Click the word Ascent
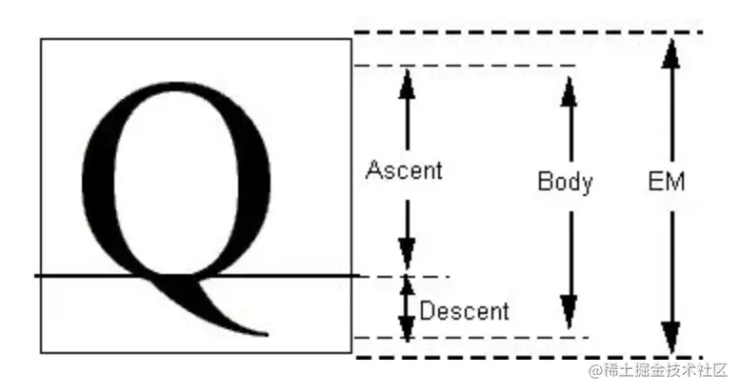point(404,170)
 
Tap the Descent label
point(464,310)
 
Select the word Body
point(565,181)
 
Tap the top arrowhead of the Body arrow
point(569,88)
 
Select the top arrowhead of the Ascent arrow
point(408,85)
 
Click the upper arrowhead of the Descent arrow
point(408,286)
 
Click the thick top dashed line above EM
point(529,33)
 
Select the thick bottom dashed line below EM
point(529,358)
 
